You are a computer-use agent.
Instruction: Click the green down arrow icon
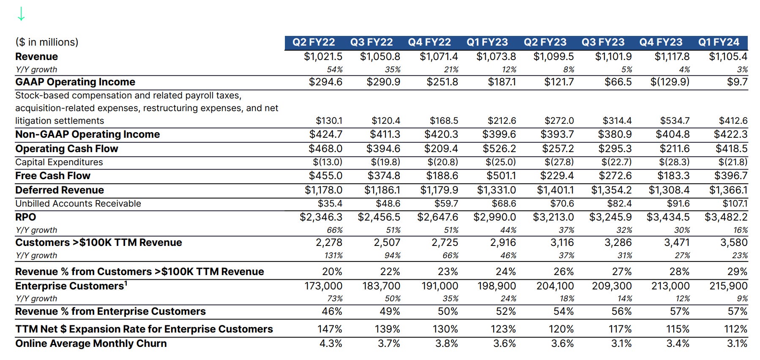click(21, 14)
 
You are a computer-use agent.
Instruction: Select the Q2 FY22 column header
click(314, 42)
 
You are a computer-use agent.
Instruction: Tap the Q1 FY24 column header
click(719, 42)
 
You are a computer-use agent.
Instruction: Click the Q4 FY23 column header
click(661, 42)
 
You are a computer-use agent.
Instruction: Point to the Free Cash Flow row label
click(53, 176)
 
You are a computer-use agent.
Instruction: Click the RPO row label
click(26, 217)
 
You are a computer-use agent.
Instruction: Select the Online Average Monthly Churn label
click(91, 344)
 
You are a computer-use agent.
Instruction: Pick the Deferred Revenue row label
click(60, 190)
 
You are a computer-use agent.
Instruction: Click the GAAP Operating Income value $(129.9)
click(670, 82)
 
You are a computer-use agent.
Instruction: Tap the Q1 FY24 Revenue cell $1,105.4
click(728, 57)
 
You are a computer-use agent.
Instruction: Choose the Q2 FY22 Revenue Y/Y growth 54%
click(334, 70)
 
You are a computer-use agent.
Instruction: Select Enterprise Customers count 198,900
click(497, 286)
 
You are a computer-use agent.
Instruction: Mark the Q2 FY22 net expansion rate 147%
click(330, 329)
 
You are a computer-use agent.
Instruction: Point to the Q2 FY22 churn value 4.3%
click(331, 344)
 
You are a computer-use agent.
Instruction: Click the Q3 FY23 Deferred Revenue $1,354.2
click(611, 190)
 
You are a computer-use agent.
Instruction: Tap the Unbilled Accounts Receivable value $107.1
click(735, 204)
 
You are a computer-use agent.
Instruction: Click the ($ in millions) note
click(47, 42)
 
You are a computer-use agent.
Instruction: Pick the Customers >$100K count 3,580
click(734, 243)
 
